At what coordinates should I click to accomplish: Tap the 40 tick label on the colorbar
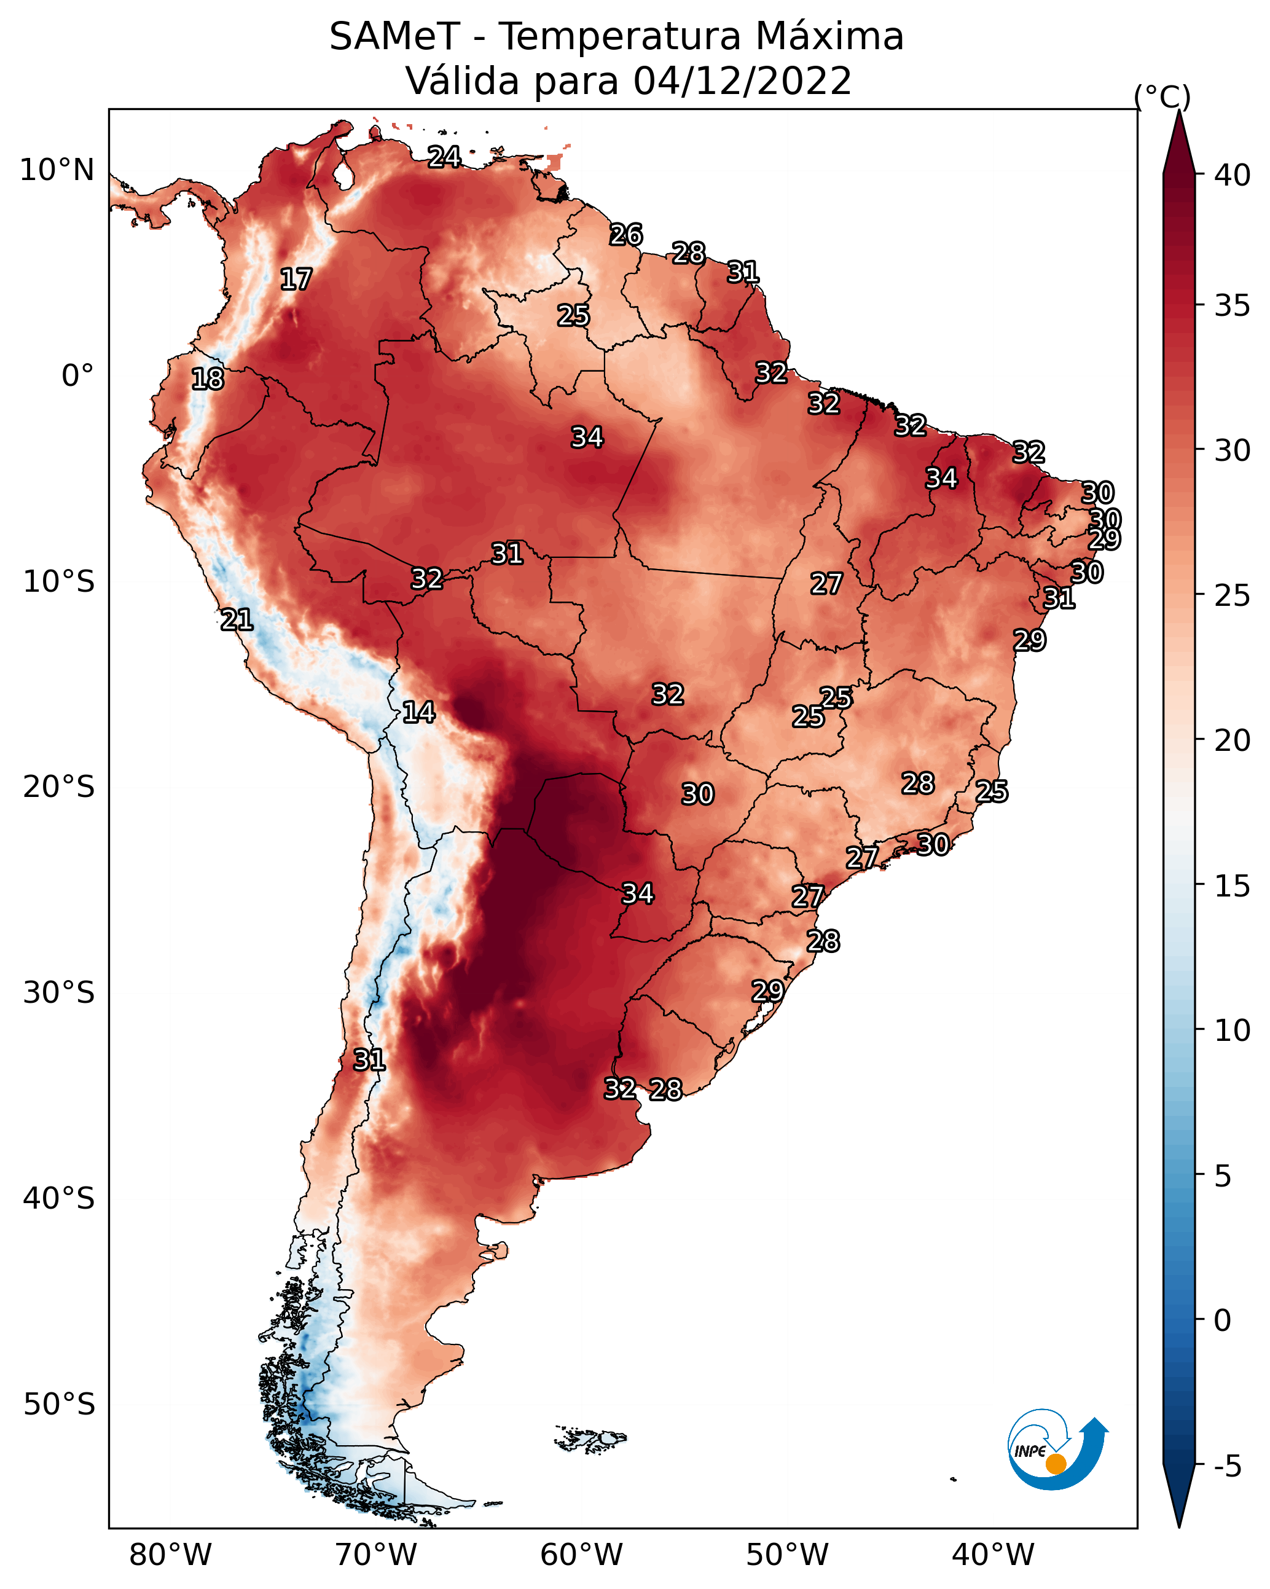tap(1233, 175)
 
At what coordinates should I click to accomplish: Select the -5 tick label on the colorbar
tap(1228, 1467)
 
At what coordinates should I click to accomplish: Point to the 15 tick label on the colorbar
tap(1233, 886)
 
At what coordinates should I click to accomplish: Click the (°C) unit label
tap(1162, 96)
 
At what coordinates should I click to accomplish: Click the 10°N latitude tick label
tap(57, 170)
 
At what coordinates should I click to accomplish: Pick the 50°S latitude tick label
tap(59, 1405)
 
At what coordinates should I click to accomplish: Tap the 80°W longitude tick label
tap(170, 1555)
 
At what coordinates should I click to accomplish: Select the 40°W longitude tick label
tap(993, 1555)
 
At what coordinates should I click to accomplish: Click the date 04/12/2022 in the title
tap(742, 81)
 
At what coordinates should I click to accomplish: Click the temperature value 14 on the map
tap(418, 712)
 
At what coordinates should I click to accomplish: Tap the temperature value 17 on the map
tap(296, 280)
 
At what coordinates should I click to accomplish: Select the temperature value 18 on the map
tap(208, 379)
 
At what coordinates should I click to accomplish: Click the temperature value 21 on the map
tap(237, 620)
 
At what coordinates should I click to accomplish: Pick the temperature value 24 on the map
tap(444, 157)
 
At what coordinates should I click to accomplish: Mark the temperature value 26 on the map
tap(626, 234)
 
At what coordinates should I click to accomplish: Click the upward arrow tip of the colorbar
tap(1178, 111)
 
